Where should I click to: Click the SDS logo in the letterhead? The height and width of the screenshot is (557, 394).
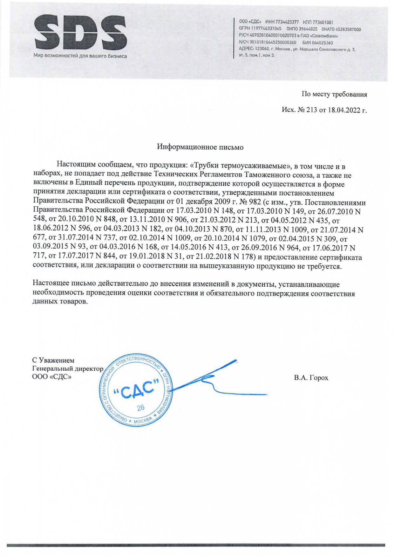pos(80,32)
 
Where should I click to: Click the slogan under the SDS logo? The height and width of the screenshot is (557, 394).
pos(80,56)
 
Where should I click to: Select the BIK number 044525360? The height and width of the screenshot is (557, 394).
pos(322,43)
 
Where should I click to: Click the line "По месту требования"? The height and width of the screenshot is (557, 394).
pos(334,94)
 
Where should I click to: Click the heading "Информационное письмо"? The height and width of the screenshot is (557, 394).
pos(200,147)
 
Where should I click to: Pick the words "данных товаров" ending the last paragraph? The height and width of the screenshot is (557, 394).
pos(60,302)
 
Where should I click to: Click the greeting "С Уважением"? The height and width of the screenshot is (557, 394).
pos(53,360)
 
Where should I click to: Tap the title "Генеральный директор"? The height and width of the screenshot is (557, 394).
pos(68,369)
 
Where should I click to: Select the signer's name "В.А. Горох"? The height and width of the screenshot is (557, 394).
pos(311,378)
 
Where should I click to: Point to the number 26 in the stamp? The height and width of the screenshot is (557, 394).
pos(140,408)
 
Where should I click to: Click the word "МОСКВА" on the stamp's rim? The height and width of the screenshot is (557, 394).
pos(143,421)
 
